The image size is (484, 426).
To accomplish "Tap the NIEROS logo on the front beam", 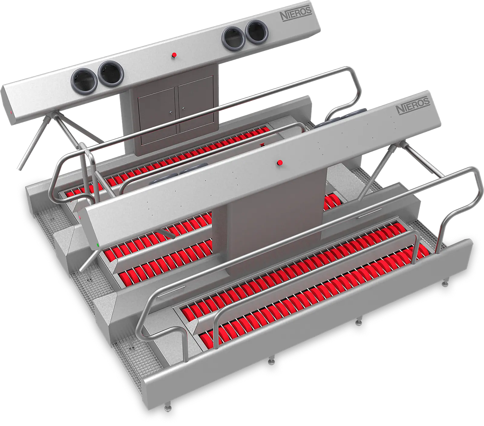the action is (413, 105).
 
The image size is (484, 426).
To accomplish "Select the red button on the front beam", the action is (280, 163).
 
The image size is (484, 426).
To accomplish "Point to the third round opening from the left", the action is (234, 38).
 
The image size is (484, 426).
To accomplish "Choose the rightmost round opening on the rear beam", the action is (257, 32).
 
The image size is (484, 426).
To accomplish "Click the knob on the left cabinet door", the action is (172, 113).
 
